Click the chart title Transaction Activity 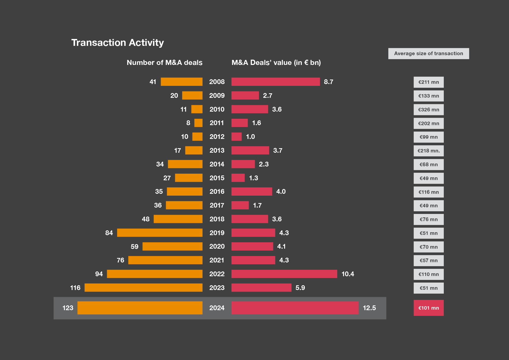[117, 43]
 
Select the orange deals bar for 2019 [160, 233]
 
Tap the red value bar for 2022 [284, 274]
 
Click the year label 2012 [217, 137]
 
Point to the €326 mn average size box [428, 110]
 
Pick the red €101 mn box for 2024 [428, 308]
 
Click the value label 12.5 [369, 308]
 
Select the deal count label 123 [68, 308]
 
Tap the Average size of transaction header [428, 54]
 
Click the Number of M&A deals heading [164, 63]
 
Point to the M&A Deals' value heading [276, 63]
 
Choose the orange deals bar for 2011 [198, 123]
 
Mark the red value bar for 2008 [275, 82]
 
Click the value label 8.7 [328, 82]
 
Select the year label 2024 [217, 308]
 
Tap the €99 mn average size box [428, 137]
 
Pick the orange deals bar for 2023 [143, 288]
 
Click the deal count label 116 [75, 288]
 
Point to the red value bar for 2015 [238, 178]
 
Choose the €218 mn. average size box [428, 151]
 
